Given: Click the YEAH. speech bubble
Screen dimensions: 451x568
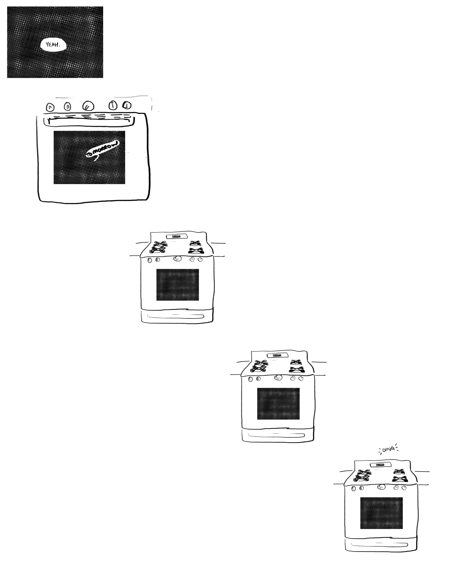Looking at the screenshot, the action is (53, 45).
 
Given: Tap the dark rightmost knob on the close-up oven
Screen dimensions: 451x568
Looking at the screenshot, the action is (127, 105).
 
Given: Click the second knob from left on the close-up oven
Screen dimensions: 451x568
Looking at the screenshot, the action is (67, 106).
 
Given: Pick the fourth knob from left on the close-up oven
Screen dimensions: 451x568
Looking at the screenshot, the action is (113, 105).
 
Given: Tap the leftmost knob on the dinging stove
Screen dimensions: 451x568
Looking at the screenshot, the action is (354, 489).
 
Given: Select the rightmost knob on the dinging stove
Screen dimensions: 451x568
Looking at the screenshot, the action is (404, 488).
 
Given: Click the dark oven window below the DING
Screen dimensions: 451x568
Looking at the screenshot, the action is (381, 513).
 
